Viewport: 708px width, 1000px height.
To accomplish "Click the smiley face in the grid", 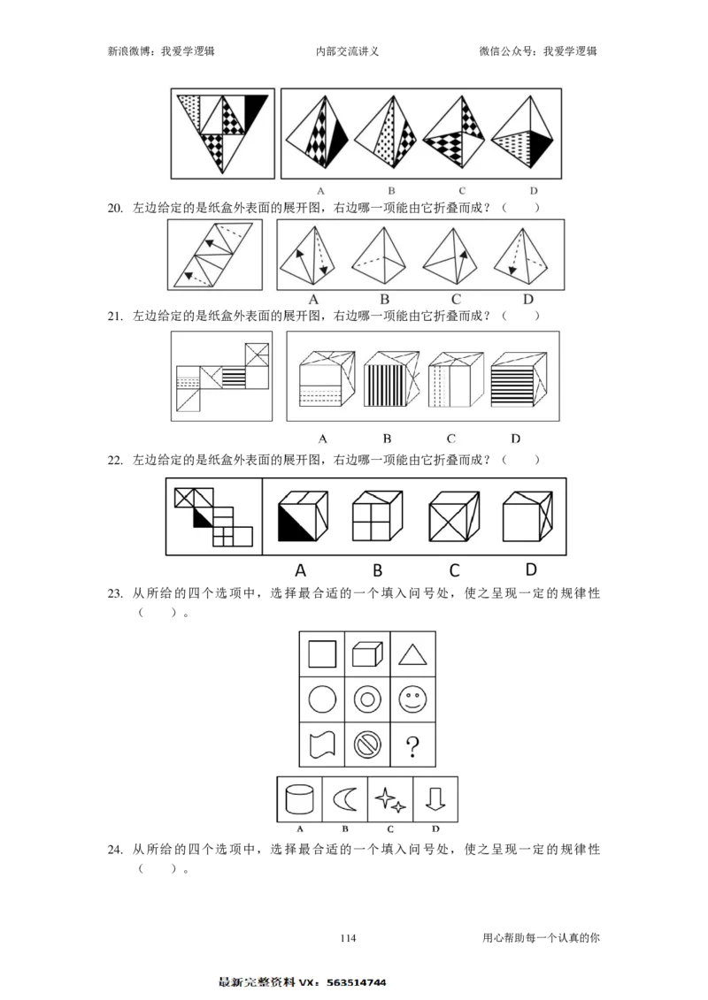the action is [412, 699].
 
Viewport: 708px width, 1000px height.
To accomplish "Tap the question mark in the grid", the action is [412, 745].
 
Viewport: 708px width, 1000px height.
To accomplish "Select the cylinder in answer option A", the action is [299, 799].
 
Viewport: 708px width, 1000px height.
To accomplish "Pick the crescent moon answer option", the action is [346, 799].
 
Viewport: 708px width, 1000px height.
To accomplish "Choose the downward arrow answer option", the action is [435, 798].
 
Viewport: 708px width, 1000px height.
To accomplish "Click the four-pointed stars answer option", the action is [390, 800].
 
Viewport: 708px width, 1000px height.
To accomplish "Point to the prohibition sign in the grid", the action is [367, 744].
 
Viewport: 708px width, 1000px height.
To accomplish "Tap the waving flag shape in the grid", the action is [322, 744].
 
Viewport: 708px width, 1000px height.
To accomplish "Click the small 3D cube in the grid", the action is [367, 653].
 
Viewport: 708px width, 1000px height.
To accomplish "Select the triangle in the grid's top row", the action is [412, 655].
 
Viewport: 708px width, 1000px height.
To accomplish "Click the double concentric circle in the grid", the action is [367, 699].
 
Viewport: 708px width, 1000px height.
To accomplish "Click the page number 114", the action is [348, 937].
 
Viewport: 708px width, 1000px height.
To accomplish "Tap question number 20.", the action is [115, 207].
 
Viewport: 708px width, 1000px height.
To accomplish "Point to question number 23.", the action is [115, 593].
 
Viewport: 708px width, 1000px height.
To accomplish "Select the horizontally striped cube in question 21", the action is [519, 378].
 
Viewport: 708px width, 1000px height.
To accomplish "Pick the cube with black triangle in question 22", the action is [304, 515].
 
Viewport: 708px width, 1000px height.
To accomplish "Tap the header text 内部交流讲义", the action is [347, 51].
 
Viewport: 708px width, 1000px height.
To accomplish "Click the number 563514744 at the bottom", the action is [357, 982].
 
